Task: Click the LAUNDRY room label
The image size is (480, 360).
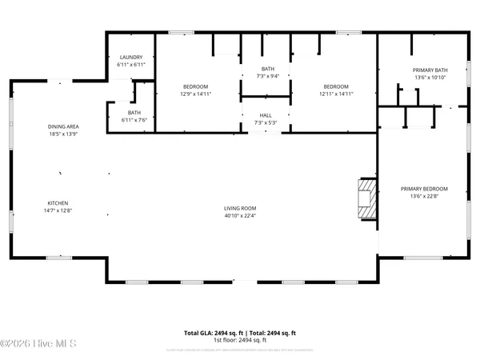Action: point(130,58)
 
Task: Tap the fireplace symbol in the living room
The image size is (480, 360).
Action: point(366,198)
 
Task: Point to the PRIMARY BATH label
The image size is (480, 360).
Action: point(430,70)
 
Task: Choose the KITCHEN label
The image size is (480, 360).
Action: point(57,203)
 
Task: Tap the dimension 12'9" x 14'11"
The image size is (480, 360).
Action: point(196,94)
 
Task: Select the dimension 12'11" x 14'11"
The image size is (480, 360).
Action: point(336,94)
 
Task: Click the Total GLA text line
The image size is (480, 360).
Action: point(240,332)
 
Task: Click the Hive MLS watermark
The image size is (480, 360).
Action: point(38,344)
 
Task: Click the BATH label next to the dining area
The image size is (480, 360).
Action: point(134,113)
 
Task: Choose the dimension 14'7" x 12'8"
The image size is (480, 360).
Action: point(57,210)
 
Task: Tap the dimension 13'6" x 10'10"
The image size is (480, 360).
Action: point(430,78)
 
